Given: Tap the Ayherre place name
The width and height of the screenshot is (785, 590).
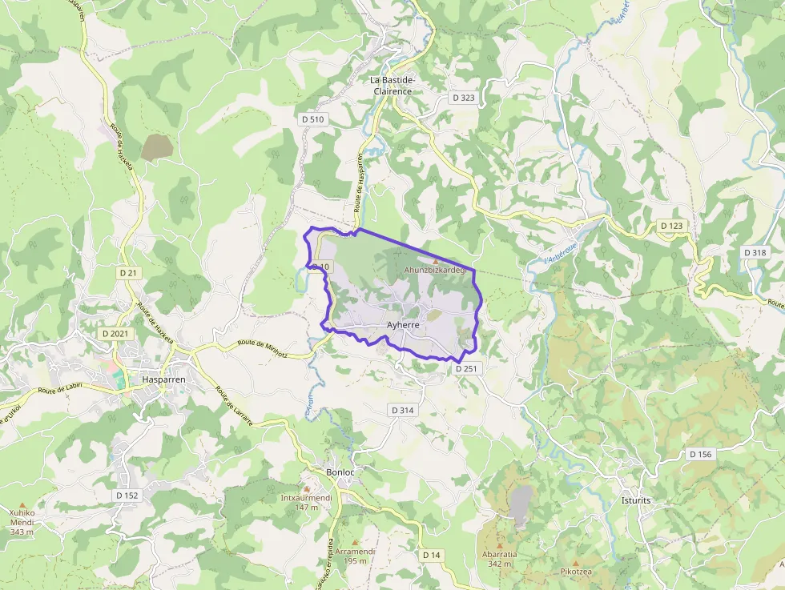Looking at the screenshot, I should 403,325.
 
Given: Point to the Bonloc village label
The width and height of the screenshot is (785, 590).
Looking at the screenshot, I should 340,472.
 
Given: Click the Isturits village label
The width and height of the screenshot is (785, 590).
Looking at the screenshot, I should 636,500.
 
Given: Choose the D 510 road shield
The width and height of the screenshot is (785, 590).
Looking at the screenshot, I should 313,119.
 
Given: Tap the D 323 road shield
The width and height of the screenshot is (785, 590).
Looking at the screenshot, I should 463,98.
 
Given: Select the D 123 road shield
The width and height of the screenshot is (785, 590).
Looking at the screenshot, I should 672,226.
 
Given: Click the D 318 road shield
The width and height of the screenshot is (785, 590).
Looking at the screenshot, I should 755,252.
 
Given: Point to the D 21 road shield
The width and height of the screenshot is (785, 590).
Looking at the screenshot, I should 128,273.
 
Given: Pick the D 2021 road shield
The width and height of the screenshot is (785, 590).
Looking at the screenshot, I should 115,333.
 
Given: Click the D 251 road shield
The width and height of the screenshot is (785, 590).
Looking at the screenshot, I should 466,369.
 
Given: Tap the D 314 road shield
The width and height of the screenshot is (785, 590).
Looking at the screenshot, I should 403,410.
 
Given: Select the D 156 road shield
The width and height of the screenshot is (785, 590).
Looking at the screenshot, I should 700,454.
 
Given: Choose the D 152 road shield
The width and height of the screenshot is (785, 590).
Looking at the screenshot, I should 127,496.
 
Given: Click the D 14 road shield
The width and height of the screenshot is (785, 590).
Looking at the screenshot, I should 431,555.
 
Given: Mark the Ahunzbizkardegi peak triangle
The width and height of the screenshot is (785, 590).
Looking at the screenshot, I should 436,261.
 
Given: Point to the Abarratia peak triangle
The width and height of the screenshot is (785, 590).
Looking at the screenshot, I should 499,545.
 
